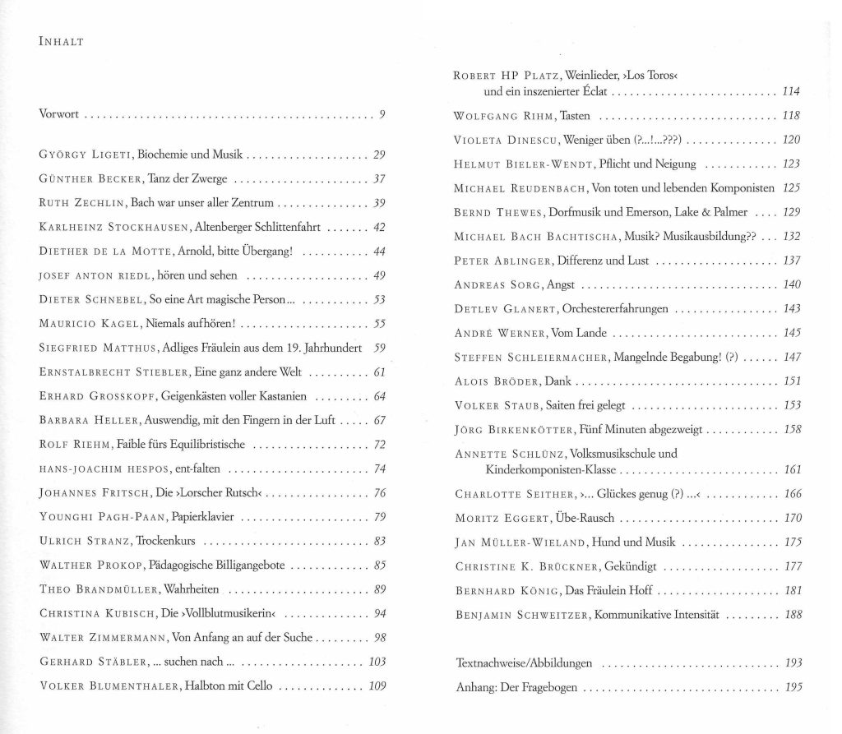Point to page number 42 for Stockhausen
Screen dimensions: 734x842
click(x=379, y=227)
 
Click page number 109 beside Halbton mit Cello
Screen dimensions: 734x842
click(x=377, y=686)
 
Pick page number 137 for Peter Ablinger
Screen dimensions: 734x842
click(x=792, y=261)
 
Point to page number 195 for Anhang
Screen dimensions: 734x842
click(x=793, y=687)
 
